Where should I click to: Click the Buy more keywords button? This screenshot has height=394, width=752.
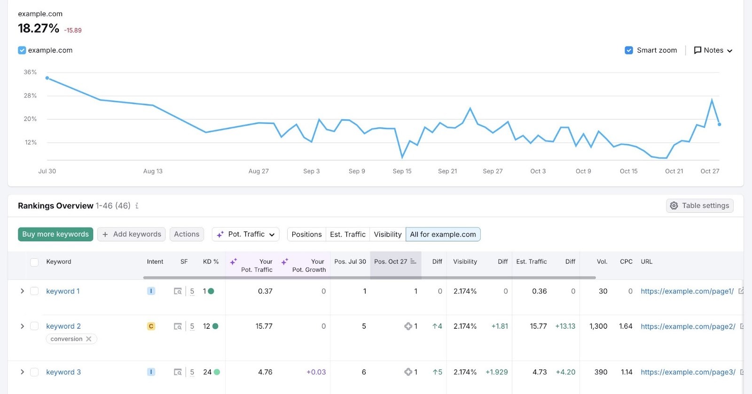55,234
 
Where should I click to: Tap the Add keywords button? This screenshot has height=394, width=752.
132,234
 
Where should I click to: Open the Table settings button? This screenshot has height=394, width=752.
699,206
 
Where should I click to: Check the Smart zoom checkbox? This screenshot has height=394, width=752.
629,50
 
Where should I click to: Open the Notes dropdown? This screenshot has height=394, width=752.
713,50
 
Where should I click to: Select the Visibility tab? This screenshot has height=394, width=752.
387,234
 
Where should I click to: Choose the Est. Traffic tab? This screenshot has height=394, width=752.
347,234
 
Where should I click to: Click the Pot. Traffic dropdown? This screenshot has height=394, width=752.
246,234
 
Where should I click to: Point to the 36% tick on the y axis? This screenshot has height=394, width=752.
30,72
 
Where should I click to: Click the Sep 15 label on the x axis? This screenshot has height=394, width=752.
402,171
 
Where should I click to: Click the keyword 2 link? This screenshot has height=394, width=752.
63,326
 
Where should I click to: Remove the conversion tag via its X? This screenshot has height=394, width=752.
89,339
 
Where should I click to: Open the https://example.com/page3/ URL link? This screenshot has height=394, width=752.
688,372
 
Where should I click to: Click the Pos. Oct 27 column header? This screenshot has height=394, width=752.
391,262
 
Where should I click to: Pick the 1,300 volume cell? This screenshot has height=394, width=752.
598,326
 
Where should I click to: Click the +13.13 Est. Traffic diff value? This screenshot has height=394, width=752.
565,326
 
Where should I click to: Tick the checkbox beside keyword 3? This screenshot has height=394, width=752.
34,372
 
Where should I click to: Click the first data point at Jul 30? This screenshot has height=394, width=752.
47,78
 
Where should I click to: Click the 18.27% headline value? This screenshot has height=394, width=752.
39,29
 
